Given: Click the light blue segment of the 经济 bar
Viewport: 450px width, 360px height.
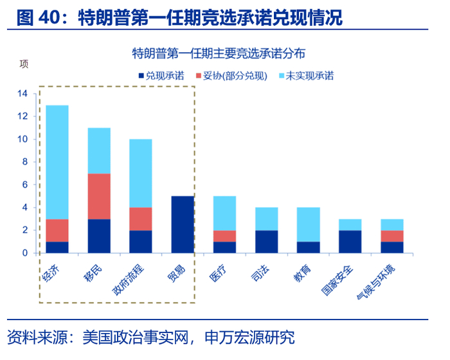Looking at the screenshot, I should [57, 162].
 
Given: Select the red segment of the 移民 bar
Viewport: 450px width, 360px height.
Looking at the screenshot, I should [99, 196].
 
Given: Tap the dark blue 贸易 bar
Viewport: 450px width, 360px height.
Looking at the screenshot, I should [183, 224].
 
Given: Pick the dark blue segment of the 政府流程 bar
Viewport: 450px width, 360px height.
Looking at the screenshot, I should [141, 241].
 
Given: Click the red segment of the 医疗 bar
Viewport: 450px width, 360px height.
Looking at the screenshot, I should [224, 235].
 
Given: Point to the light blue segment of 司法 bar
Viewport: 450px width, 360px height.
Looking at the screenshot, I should [266, 219].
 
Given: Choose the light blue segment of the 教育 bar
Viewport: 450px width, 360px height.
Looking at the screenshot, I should [308, 224].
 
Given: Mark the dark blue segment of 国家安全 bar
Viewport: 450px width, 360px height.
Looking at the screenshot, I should [350, 241].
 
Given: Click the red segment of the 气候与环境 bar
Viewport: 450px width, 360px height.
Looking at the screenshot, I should [392, 235].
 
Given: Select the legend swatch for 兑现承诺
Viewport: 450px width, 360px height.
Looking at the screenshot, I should [141, 76].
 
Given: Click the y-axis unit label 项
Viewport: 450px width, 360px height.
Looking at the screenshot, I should [24, 64].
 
